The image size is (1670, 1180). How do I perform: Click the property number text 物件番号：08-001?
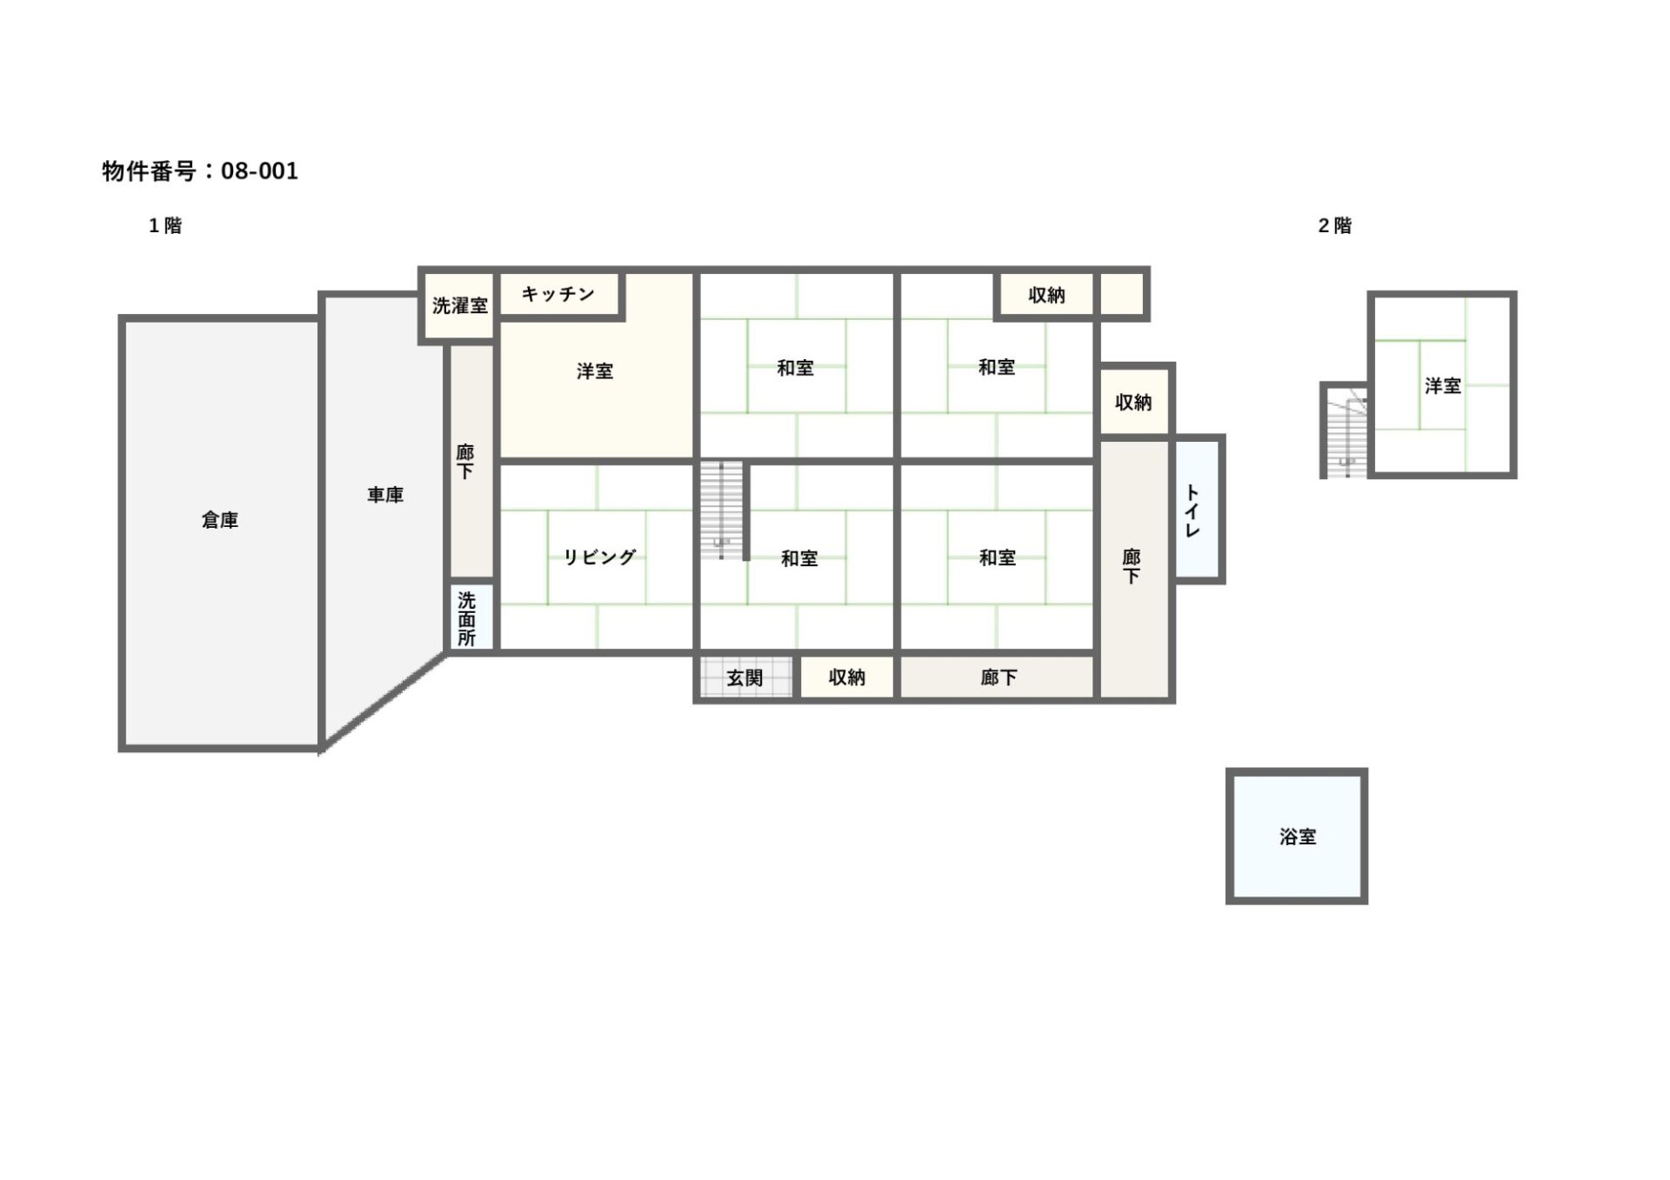pyautogui.click(x=200, y=170)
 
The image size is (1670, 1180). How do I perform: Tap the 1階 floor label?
pyautogui.click(x=165, y=226)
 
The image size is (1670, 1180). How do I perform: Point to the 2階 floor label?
pyautogui.click(x=1334, y=226)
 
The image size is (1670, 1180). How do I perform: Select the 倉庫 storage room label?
pyautogui.click(x=219, y=520)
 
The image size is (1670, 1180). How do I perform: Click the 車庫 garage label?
pyautogui.click(x=384, y=495)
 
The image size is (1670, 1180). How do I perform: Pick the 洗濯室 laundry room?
pyautogui.click(x=458, y=306)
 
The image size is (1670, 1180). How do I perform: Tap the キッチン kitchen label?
pyautogui.click(x=558, y=294)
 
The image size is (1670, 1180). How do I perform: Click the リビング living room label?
pyautogui.click(x=599, y=557)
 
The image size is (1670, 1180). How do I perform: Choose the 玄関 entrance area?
pyautogui.click(x=746, y=677)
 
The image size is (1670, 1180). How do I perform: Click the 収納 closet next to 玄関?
pyautogui.click(x=846, y=677)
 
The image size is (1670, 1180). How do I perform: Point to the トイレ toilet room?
pyautogui.click(x=1198, y=509)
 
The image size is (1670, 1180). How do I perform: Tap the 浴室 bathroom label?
pyautogui.click(x=1297, y=837)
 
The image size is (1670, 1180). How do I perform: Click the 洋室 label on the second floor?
pyautogui.click(x=1443, y=385)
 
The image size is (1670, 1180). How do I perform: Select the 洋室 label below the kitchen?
pyautogui.click(x=595, y=371)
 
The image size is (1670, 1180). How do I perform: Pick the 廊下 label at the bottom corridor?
pyautogui.click(x=999, y=677)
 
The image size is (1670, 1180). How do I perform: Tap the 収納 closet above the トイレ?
pyautogui.click(x=1133, y=402)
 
